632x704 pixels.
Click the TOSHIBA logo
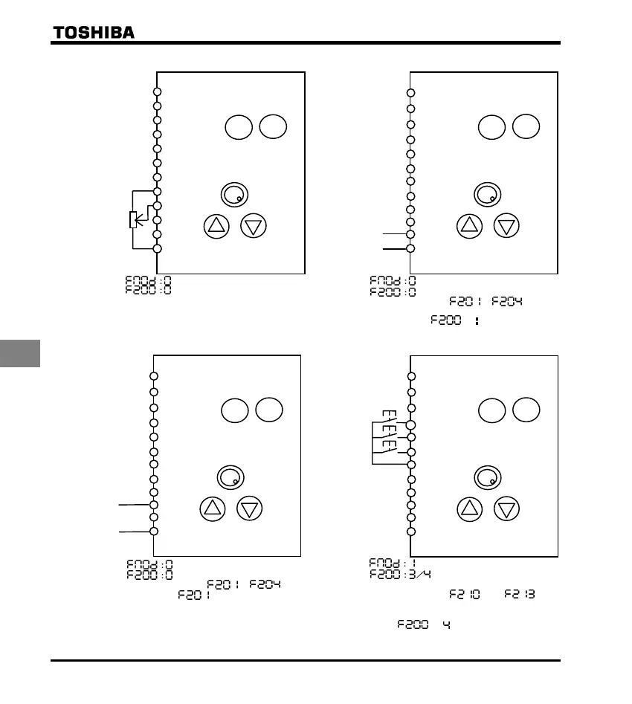93,32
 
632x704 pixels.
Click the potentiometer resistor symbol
132,220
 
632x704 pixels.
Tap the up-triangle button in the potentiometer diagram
216,226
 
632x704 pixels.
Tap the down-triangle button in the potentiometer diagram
254,226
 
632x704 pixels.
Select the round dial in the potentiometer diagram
234,195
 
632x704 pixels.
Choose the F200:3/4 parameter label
402,574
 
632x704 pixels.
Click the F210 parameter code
464,595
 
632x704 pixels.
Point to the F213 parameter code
520,595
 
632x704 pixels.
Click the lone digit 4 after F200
446,625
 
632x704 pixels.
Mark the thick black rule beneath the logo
305,43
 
